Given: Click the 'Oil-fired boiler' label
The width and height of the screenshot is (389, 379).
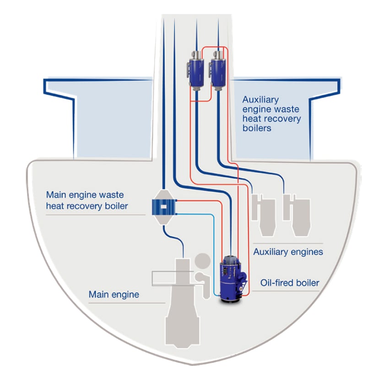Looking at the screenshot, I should [x=290, y=283].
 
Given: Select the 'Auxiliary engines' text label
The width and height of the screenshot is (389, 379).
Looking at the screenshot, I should [x=288, y=252].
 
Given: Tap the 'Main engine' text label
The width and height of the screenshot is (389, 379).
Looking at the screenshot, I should [x=113, y=294].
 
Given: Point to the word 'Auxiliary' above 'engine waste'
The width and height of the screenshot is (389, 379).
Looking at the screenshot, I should [x=260, y=99].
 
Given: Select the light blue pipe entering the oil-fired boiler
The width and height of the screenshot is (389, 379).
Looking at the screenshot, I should [x=215, y=257].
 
